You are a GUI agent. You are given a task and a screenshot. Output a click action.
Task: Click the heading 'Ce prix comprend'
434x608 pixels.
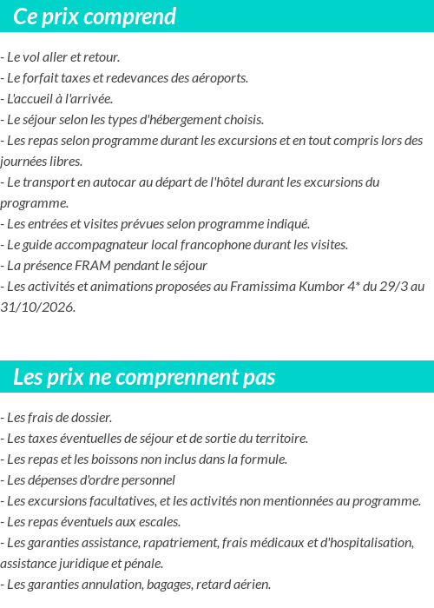95,17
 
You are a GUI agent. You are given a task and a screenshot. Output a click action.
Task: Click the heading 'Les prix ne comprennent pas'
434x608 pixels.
144,377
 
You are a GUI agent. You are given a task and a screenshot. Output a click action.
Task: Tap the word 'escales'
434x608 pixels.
156,522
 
